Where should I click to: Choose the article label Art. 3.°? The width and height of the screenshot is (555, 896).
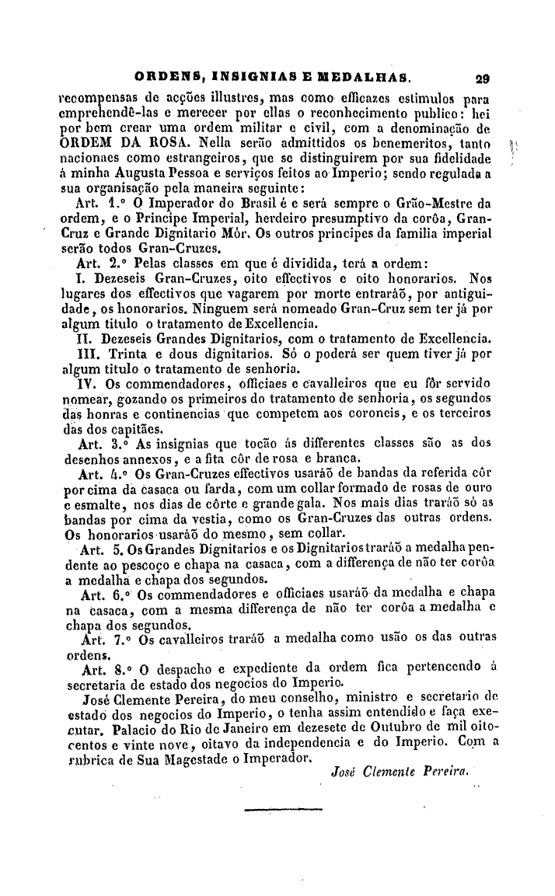click(103, 445)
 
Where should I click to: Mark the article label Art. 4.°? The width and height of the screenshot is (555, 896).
click(103, 475)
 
